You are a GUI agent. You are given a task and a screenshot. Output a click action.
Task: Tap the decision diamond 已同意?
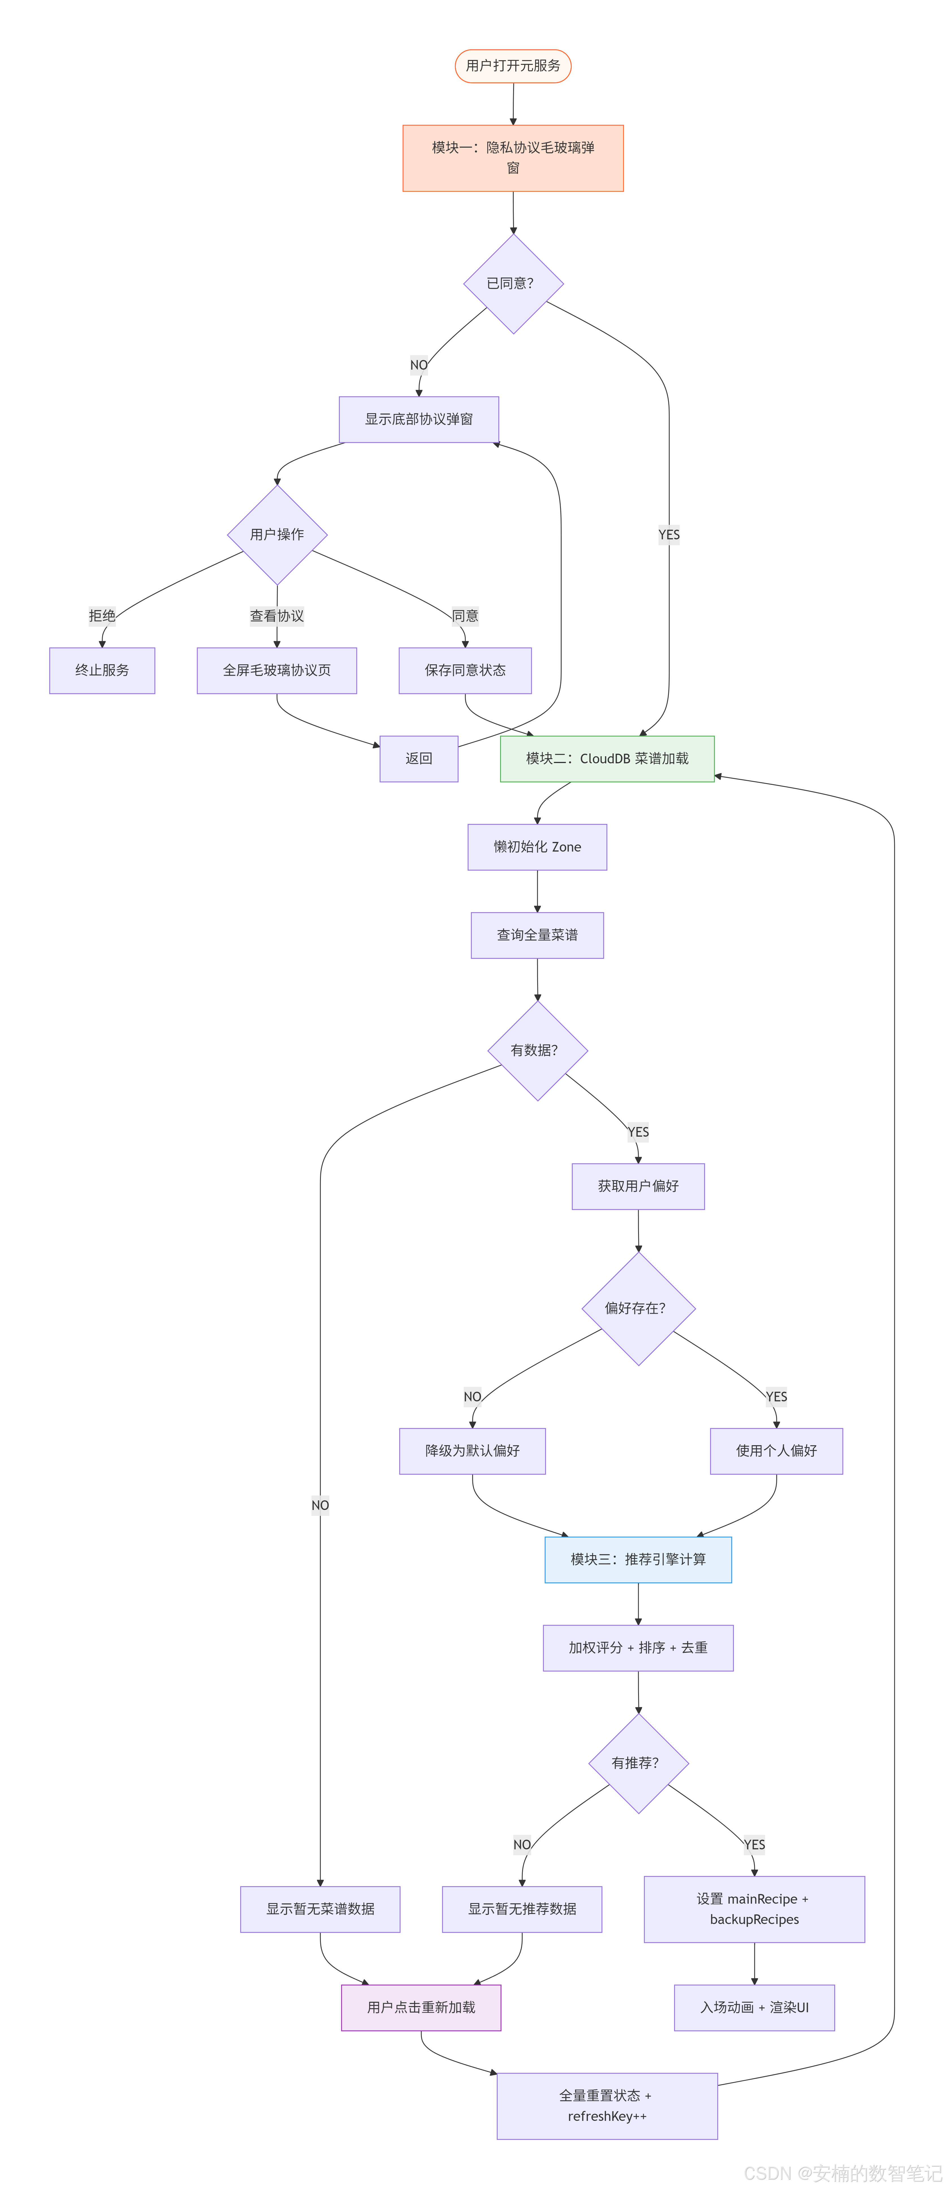click(513, 284)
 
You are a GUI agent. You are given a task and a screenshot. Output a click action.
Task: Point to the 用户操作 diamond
click(277, 535)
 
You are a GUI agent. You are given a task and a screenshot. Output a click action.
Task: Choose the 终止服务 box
click(102, 671)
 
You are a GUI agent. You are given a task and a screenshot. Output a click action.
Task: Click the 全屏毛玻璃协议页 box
click(277, 671)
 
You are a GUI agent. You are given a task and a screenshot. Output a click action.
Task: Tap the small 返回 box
click(419, 759)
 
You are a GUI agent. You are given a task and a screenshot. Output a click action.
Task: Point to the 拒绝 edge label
click(102, 616)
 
